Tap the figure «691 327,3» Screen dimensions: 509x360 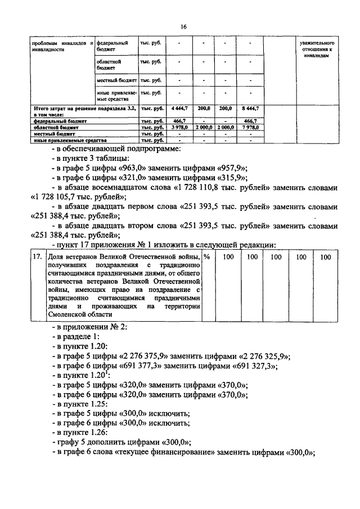(x=247, y=367)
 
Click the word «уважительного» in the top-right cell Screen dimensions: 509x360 (x=318, y=43)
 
